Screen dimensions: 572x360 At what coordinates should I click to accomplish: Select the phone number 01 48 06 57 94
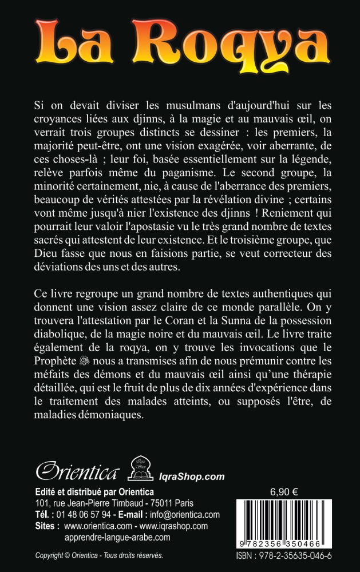pos(81,514)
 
